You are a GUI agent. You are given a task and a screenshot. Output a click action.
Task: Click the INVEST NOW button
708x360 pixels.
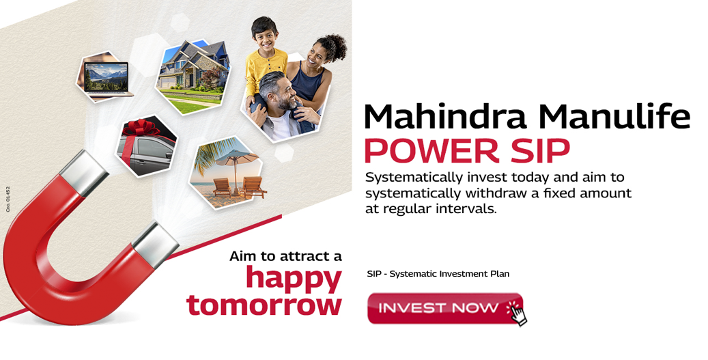pyautogui.click(x=440, y=308)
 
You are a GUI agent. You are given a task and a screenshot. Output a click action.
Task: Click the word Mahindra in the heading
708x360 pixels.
pyautogui.click(x=444, y=117)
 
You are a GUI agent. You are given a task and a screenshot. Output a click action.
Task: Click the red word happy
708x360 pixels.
pyautogui.click(x=294, y=278)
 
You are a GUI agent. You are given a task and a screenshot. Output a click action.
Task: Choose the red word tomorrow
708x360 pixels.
pyautogui.click(x=264, y=304)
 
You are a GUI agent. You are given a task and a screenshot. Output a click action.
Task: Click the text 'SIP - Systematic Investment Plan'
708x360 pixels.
pyautogui.click(x=438, y=274)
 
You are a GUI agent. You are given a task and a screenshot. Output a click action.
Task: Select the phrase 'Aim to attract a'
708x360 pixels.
pyautogui.click(x=285, y=256)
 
